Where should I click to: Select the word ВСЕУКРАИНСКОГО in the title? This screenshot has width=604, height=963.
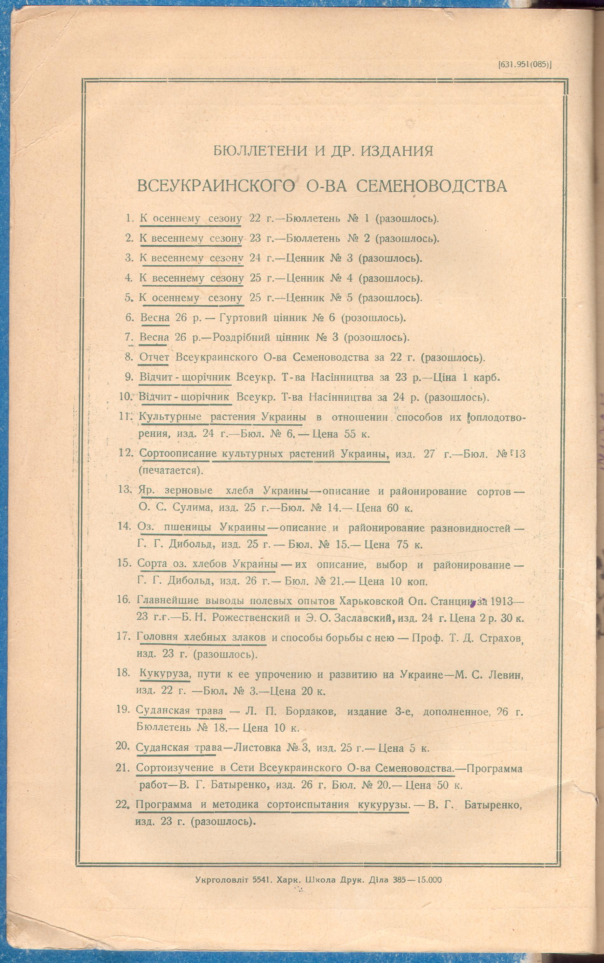pyautogui.click(x=216, y=186)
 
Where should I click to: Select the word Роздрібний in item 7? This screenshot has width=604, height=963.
pyautogui.click(x=242, y=338)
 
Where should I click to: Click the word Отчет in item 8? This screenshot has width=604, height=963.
pyautogui.click(x=154, y=357)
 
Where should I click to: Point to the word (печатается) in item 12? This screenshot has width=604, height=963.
pyautogui.click(x=171, y=470)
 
